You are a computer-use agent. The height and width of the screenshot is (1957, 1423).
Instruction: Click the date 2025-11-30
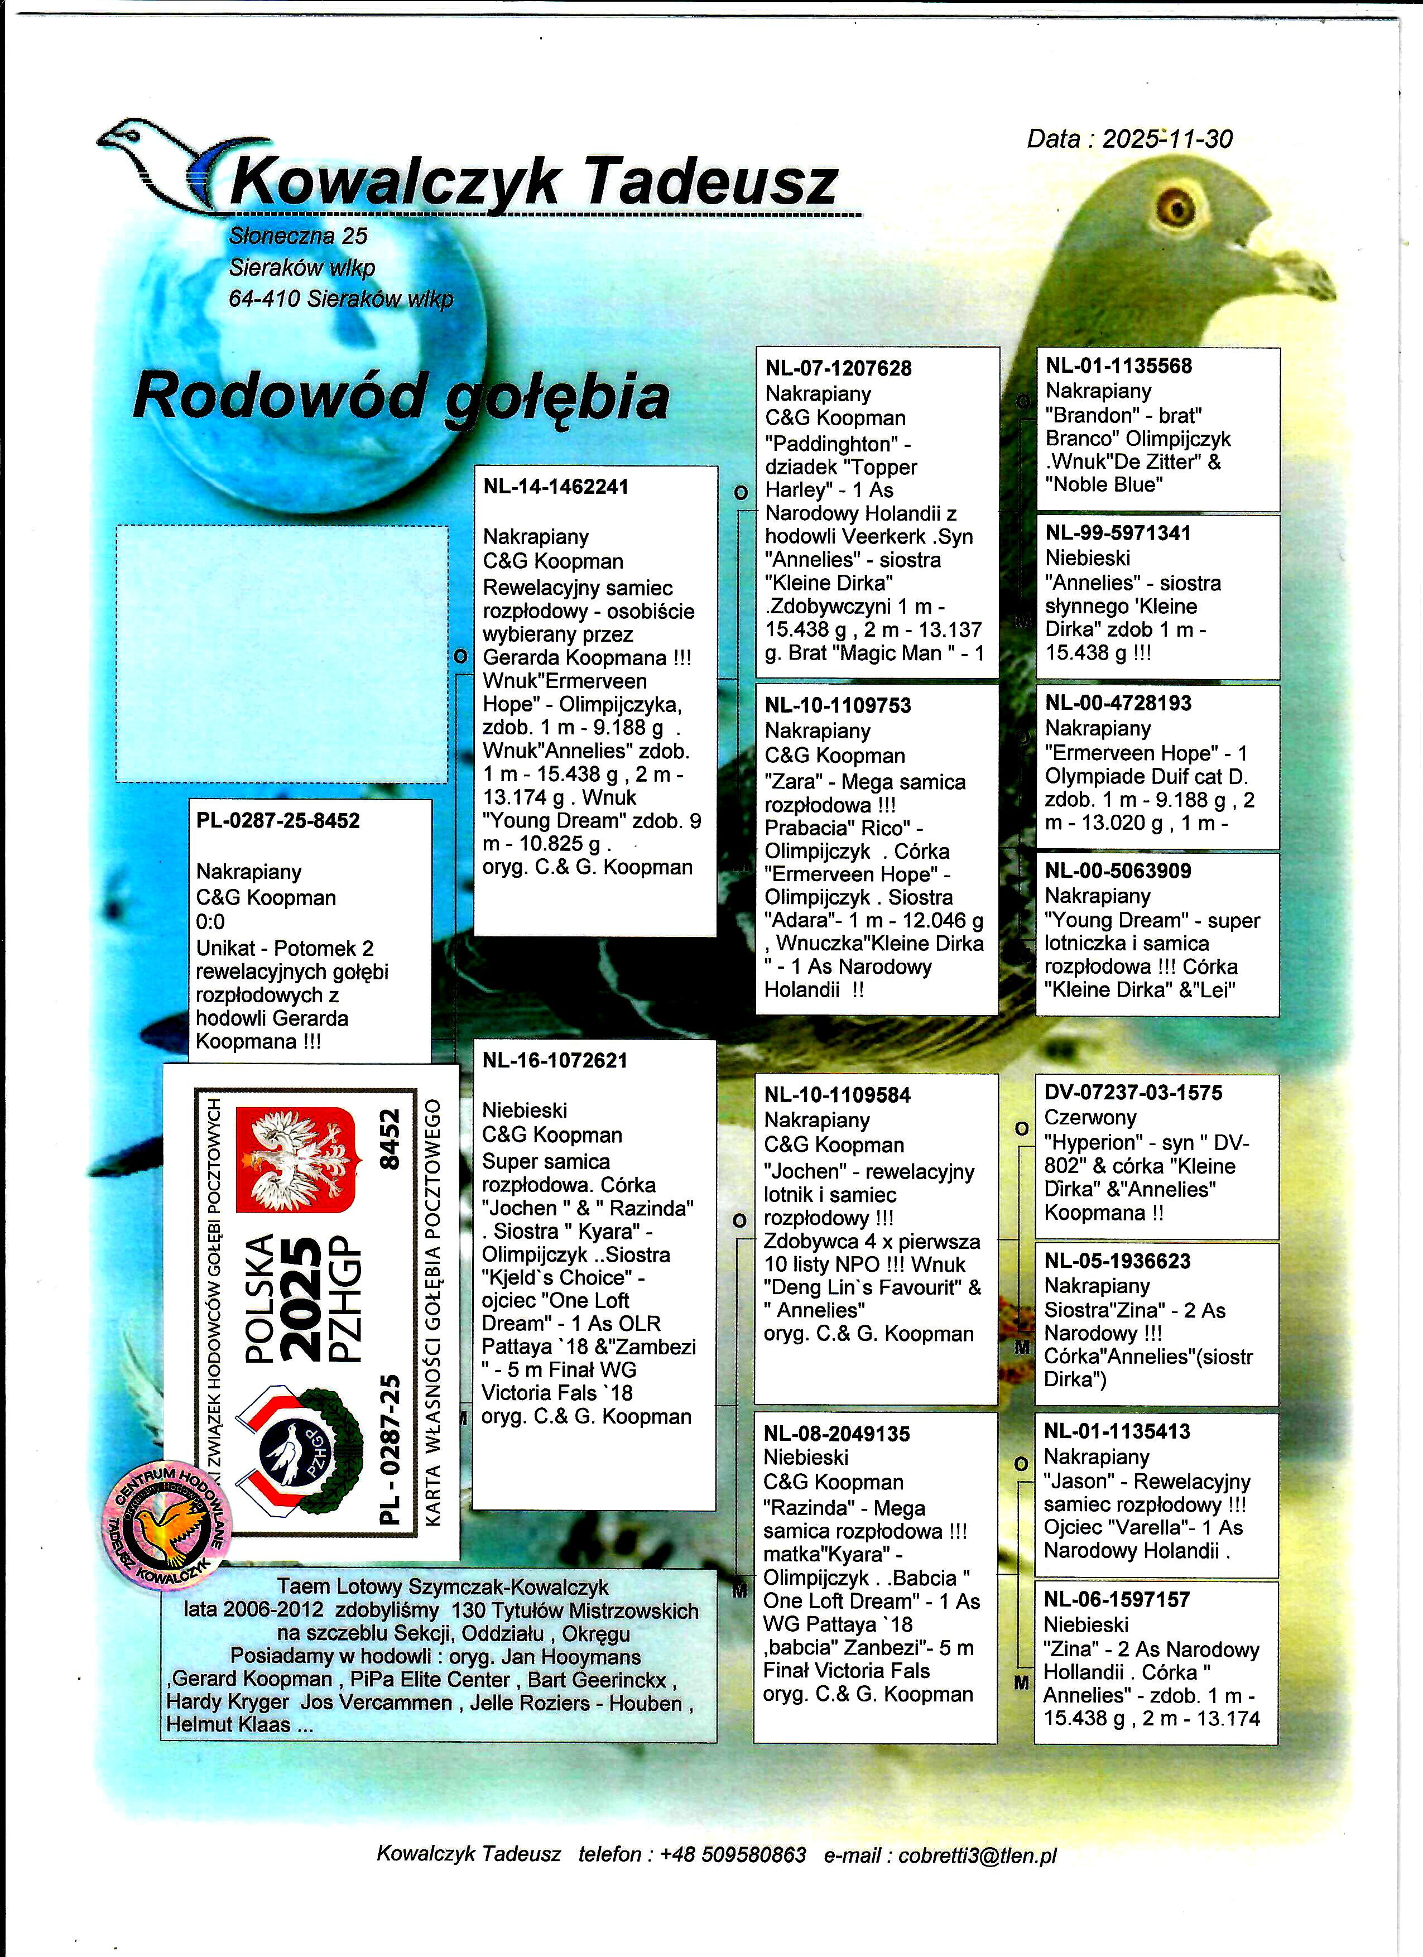[x=1167, y=139]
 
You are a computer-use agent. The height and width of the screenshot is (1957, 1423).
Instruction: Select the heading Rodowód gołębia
[x=401, y=397]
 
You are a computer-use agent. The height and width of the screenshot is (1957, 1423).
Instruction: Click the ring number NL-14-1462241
[x=556, y=487]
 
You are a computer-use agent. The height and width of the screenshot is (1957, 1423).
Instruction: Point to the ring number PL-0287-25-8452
[x=278, y=821]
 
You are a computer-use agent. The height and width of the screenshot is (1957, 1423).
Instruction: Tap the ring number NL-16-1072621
[x=555, y=1060]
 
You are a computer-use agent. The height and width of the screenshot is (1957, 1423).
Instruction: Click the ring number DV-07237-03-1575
[x=1133, y=1093]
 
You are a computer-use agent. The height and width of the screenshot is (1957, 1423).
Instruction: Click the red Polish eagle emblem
[x=296, y=1159]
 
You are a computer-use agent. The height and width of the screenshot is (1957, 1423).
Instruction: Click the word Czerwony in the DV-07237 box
[x=1090, y=1117]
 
